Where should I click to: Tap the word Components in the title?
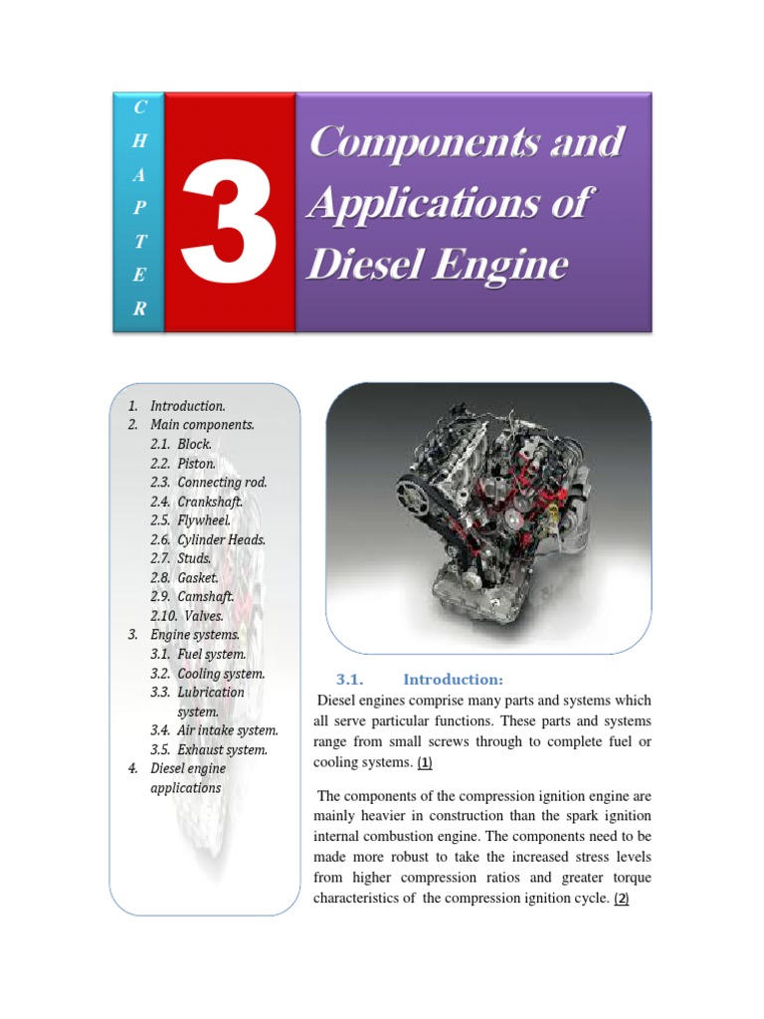[409, 141]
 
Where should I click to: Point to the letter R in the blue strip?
[139, 309]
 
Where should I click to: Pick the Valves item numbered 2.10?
[204, 616]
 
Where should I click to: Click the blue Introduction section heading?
[453, 680]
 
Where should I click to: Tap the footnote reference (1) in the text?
[425, 763]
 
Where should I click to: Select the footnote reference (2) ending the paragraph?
[622, 899]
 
